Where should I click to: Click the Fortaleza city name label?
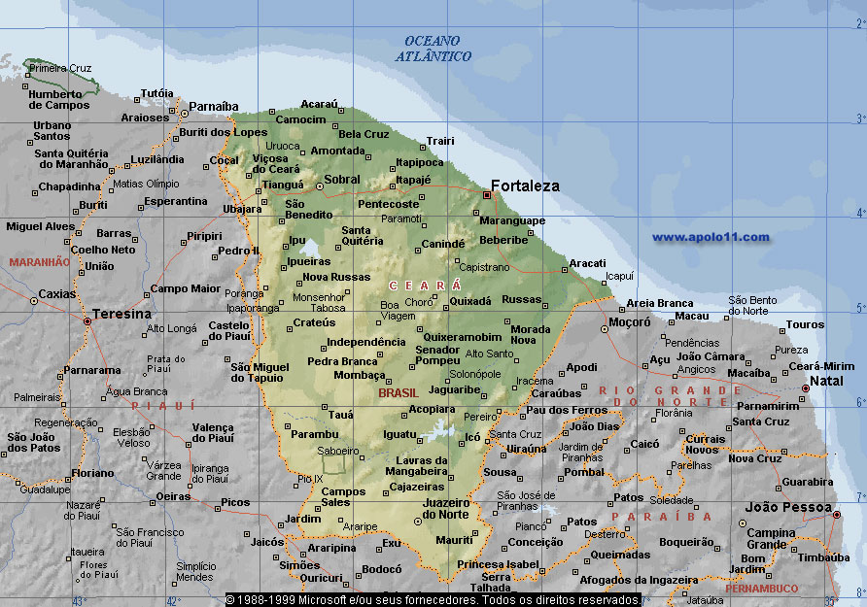point(525,185)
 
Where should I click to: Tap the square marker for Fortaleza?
point(487,195)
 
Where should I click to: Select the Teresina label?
point(121,315)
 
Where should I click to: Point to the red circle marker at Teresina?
point(87,320)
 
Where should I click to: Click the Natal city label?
point(826,381)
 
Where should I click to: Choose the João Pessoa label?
point(788,507)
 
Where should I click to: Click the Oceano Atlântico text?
point(433,49)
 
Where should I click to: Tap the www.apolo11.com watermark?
point(711,237)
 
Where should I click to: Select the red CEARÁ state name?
point(425,285)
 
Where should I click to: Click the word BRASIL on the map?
point(398,392)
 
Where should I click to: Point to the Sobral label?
point(342,180)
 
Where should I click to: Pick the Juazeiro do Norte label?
point(446,508)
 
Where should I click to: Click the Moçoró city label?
point(629,321)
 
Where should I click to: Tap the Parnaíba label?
point(213,106)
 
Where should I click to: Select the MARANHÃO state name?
point(39,262)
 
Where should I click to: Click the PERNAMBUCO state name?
point(761,589)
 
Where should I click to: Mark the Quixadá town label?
point(470,301)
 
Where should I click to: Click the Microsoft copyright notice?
point(433,600)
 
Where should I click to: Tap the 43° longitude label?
point(79,600)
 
